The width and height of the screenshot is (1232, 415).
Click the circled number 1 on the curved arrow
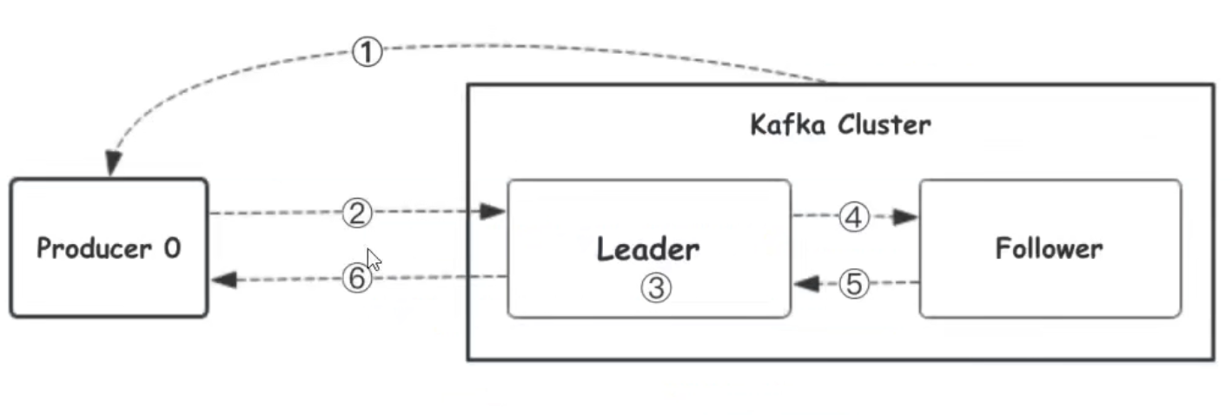click(367, 53)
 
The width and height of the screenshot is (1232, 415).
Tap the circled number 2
click(356, 213)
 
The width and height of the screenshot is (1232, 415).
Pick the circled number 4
click(855, 218)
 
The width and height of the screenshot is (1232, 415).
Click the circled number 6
click(356, 280)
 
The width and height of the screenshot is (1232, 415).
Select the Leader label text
click(648, 250)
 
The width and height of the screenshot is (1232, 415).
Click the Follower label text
click(1049, 249)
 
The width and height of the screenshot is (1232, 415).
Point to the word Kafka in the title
click(787, 125)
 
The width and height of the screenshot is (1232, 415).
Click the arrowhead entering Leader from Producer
click(494, 212)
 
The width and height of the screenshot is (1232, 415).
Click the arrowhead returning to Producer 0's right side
click(223, 280)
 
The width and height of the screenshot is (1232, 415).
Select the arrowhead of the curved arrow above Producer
click(113, 163)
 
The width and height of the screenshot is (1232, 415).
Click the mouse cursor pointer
click(374, 260)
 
